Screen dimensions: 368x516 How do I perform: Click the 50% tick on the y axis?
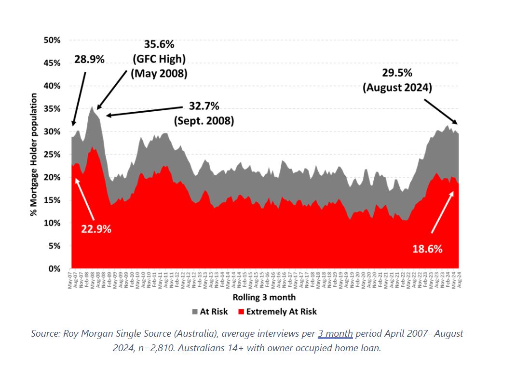pyautogui.click(x=52, y=40)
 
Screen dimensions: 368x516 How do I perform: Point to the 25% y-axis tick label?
pyautogui.click(x=52, y=154)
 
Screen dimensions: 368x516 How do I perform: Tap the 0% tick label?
pyautogui.click(x=54, y=268)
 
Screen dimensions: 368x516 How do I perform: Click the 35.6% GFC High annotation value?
pyautogui.click(x=159, y=44)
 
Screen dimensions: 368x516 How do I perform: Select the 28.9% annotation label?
pyautogui.click(x=89, y=59)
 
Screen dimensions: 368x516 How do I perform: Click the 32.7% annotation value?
pyautogui.click(x=201, y=106)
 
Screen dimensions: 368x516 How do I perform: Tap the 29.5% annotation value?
pyautogui.click(x=397, y=73)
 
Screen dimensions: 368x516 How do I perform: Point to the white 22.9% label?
pyautogui.click(x=96, y=229)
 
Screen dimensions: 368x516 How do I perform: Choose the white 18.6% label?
pyautogui.click(x=427, y=249)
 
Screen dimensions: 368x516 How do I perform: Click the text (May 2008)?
pyautogui.click(x=159, y=74)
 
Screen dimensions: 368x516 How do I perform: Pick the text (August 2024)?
pyautogui.click(x=397, y=88)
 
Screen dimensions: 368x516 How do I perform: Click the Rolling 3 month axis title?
pyautogui.click(x=264, y=297)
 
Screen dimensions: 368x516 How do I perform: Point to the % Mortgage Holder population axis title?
pyautogui.click(x=34, y=154)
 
